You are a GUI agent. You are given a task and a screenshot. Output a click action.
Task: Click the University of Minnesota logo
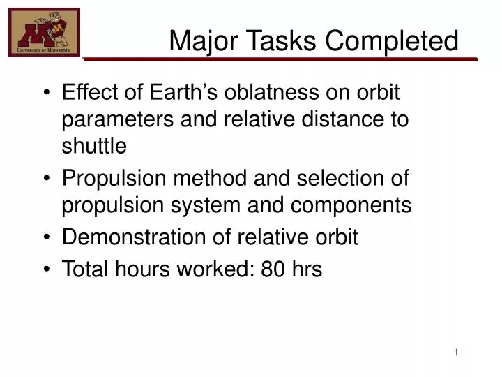[44, 33]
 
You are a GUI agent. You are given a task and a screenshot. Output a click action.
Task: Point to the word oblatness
[273, 92]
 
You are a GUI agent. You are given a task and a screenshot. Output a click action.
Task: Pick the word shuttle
[94, 146]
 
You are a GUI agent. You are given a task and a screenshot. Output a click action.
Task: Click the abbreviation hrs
[306, 269]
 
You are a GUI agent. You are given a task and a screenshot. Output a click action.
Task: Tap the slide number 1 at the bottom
[456, 353]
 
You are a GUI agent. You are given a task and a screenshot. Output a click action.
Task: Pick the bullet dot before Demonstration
[46, 238]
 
